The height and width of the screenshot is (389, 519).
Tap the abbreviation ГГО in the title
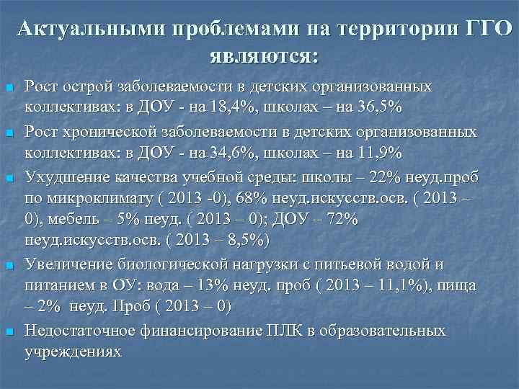pyautogui.click(x=484, y=30)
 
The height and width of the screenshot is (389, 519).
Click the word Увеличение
pyautogui.click(x=64, y=265)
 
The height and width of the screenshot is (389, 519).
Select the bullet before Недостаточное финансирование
pyautogui.click(x=10, y=332)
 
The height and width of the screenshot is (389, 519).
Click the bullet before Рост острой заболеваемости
pyautogui.click(x=10, y=87)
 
